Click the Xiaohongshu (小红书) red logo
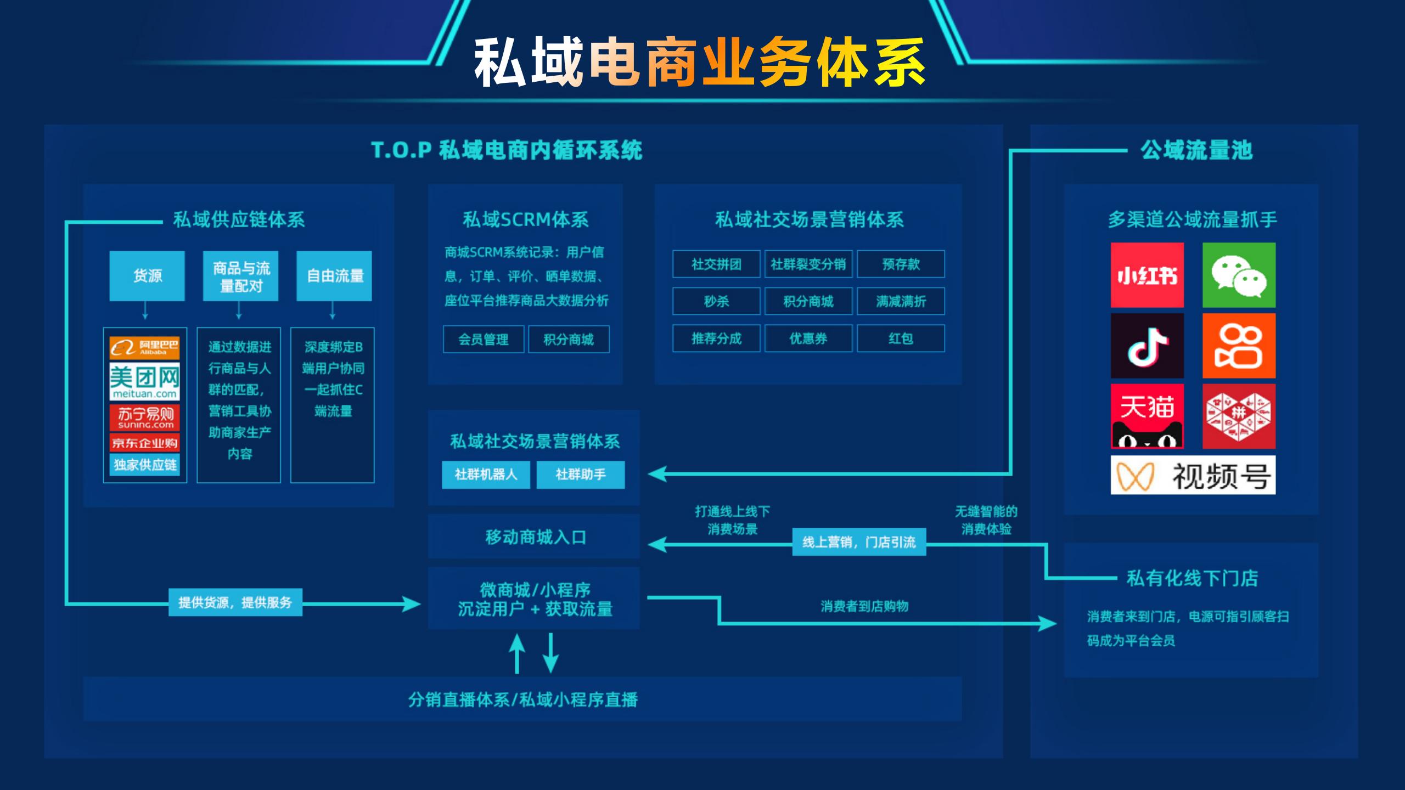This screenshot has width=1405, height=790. point(1147,275)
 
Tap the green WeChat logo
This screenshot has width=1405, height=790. point(1239,275)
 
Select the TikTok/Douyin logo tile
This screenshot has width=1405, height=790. point(1147,346)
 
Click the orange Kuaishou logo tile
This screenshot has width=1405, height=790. point(1239,346)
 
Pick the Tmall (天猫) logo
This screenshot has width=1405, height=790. point(1147,416)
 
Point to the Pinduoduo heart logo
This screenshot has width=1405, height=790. point(1239,416)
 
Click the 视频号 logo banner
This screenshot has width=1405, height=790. point(1193,475)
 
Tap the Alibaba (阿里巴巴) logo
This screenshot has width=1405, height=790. point(145,347)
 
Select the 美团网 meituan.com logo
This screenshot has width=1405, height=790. point(145,381)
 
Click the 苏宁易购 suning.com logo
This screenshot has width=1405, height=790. point(145,417)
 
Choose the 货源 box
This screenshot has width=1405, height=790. point(147,276)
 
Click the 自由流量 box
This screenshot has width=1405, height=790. point(334,276)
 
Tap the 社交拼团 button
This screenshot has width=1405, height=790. point(716,264)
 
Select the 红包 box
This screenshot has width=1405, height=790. point(901,338)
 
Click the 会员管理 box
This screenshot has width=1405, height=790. point(484,340)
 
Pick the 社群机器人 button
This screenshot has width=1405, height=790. point(486,475)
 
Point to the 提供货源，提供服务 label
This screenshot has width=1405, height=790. point(235,602)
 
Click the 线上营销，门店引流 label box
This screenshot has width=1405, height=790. point(859,542)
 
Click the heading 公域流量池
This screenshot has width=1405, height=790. point(1196,150)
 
